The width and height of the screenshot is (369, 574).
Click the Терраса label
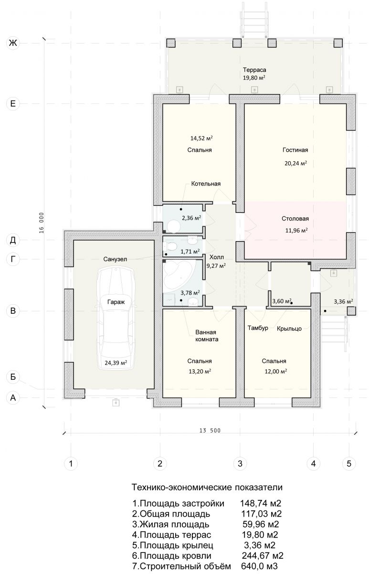pos(254,70)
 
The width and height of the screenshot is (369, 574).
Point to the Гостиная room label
pos(295,150)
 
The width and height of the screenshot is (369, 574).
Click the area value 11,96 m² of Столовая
pos(296,231)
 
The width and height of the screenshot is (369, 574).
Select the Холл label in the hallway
pos(216,257)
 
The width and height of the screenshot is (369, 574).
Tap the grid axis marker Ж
pos(13,43)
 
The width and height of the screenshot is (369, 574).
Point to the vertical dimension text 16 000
pos(42,223)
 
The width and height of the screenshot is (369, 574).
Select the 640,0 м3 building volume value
pos(259,566)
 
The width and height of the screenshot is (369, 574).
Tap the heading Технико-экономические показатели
pos(207,487)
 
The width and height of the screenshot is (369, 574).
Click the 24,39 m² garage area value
pos(116,363)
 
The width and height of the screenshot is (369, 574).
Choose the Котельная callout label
pos(206,184)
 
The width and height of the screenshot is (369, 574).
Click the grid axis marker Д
pos(13,240)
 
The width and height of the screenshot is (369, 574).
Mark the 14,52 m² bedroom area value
pos(201,138)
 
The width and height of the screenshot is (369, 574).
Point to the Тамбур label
pos(258,328)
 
